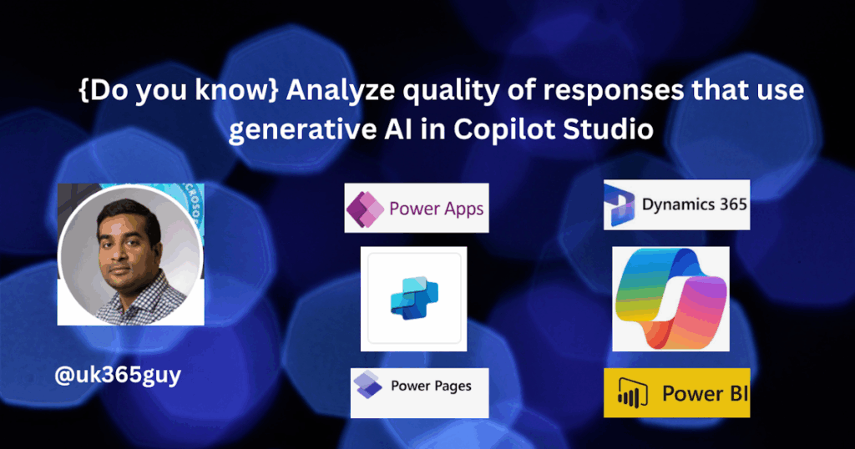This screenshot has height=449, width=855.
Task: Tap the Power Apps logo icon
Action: pos(365,209)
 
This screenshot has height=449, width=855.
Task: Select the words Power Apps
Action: pos(436,209)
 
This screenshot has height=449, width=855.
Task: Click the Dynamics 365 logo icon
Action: pos(620,204)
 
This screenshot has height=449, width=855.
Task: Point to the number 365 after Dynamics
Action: pos(733,204)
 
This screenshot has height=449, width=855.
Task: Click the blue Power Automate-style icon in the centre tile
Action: pos(414,297)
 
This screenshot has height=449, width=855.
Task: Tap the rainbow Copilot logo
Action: pos(670,298)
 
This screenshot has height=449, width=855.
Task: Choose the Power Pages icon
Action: pos(367,385)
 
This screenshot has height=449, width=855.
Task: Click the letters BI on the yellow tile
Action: pos(738,393)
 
